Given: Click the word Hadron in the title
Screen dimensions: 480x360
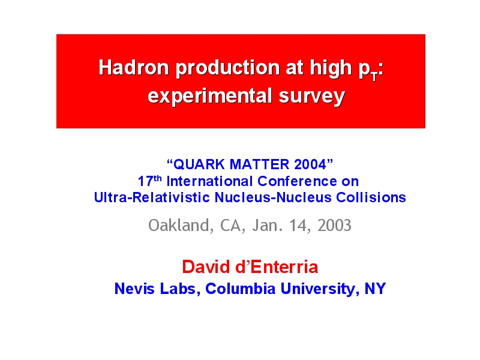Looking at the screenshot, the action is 134,67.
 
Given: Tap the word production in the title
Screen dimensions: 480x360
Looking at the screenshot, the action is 228,68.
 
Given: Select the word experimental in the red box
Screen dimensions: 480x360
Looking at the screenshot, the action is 210,97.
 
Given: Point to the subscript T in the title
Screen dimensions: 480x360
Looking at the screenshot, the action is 374,77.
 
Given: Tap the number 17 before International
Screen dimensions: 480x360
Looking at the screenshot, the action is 145,181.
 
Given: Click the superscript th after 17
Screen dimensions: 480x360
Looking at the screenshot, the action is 158,178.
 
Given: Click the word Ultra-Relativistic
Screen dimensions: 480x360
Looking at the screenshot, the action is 152,197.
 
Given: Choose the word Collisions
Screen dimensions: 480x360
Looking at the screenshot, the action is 371,197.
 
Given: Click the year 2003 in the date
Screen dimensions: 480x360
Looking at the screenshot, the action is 334,226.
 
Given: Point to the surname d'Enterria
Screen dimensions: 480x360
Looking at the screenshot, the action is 277,266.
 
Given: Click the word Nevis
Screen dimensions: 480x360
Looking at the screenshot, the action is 134,289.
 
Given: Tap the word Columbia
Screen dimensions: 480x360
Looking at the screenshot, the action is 241,289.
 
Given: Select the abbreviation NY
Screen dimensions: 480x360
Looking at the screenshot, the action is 375,289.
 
